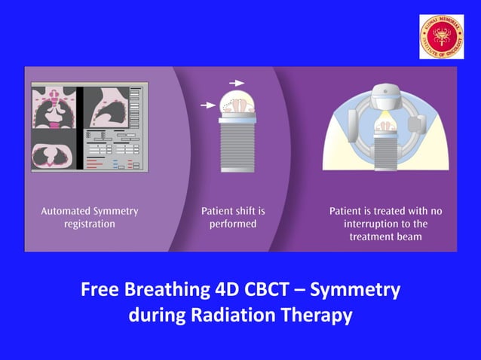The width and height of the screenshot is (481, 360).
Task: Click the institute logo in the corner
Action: click(x=442, y=37)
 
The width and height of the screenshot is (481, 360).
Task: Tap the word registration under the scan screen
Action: click(x=90, y=224)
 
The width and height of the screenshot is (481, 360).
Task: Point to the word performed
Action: click(x=233, y=224)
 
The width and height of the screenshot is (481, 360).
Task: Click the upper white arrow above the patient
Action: click(x=236, y=82)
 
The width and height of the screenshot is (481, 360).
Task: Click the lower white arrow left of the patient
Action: click(x=207, y=106)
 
